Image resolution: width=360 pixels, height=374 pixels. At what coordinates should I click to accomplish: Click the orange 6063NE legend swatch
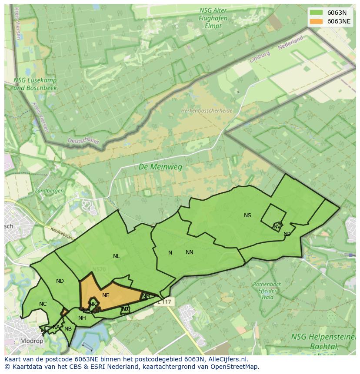coord(316,21)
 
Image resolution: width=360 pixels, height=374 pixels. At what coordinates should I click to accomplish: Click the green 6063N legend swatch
coord(316,12)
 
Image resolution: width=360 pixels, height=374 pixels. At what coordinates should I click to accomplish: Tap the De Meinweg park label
coord(160,166)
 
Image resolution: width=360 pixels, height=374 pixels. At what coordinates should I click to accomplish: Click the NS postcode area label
coord(247,215)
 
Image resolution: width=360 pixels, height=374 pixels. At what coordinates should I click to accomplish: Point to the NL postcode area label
coord(116,256)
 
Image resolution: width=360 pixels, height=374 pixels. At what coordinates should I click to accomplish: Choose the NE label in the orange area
coord(106,295)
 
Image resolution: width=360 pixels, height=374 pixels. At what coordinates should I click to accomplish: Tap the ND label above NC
coord(60,281)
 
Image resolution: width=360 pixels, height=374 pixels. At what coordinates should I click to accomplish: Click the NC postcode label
coord(43,304)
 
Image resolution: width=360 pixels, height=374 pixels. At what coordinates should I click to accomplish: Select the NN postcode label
coord(189,252)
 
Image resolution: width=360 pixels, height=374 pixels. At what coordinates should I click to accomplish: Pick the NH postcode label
coord(82,318)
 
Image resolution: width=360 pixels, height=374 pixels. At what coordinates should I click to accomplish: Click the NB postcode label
coord(68,329)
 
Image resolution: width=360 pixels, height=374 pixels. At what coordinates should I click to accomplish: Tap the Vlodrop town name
coord(32,341)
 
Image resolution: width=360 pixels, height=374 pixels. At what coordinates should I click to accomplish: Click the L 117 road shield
coord(165,301)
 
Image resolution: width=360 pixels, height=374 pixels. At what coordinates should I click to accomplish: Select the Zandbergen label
coord(49,191)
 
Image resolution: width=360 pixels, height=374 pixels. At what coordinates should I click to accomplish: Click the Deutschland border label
coord(83,141)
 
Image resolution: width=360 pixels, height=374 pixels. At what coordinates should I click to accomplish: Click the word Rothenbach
coord(267,285)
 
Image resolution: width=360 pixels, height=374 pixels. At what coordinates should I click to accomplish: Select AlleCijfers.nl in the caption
coord(227,359)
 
